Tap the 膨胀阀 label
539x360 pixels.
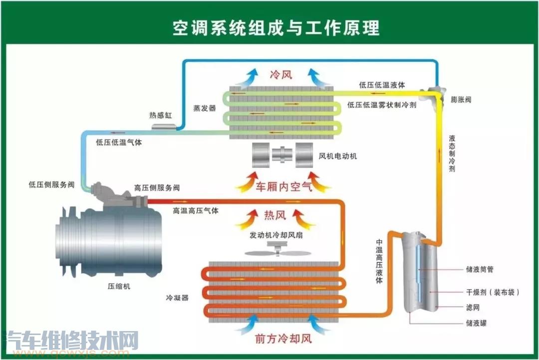pos(460,100)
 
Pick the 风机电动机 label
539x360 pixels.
pos(338,156)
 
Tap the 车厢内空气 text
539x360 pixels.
pos(283,187)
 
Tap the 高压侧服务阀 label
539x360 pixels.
pos(157,188)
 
